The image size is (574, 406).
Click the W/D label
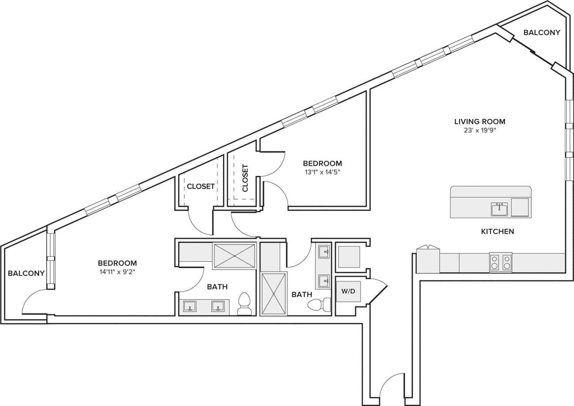[348, 291]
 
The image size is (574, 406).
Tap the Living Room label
[480, 121]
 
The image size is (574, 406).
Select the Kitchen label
[497, 232]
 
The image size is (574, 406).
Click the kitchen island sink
[499, 209]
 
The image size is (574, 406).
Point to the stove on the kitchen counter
[500, 262]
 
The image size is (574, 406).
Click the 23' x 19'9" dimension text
[480, 130]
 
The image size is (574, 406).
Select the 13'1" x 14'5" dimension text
[322, 172]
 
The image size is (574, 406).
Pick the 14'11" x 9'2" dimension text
[117, 272]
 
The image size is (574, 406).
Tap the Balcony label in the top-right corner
[542, 32]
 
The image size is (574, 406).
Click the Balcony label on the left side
[26, 273]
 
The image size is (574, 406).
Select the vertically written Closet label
[245, 178]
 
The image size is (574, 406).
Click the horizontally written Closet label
[200, 186]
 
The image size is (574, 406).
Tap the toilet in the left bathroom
[244, 305]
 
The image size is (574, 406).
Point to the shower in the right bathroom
[274, 294]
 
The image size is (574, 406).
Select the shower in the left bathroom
[234, 256]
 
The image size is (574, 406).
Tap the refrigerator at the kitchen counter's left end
[428, 261]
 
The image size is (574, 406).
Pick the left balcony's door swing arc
[34, 300]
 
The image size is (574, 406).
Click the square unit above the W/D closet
[348, 257]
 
